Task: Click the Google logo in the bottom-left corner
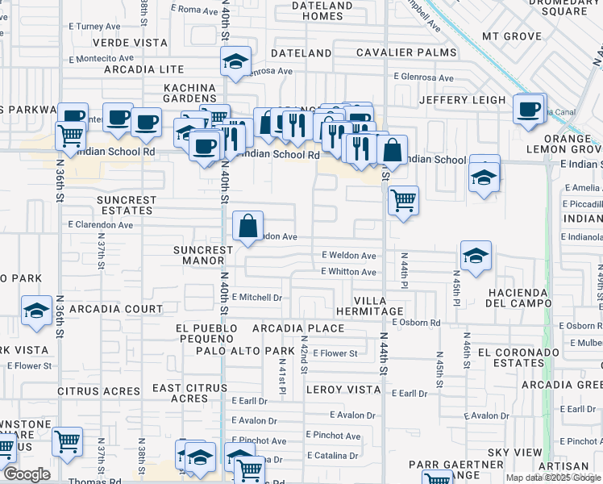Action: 26,474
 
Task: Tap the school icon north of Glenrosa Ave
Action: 235,61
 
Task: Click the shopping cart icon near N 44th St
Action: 403,198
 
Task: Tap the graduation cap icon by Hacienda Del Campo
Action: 476,256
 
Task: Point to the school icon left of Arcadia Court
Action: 36,311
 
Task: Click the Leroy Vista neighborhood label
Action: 343,390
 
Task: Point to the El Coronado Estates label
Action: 518,357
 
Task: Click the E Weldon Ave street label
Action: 348,256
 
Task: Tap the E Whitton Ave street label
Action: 348,272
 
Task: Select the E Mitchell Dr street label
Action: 256,298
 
